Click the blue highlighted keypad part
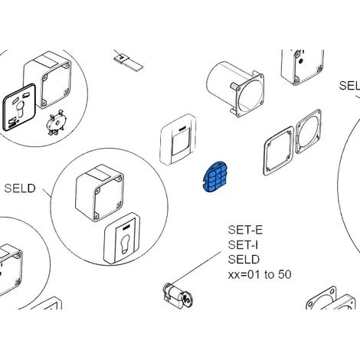(x=214, y=176)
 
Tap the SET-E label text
(x=245, y=230)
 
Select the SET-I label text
(x=243, y=245)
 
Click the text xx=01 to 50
(x=260, y=275)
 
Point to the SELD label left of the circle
(x=20, y=188)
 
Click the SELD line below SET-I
(x=244, y=260)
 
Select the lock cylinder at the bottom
(x=178, y=296)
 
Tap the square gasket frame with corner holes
(x=279, y=151)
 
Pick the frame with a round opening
(x=308, y=132)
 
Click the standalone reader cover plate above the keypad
(x=178, y=139)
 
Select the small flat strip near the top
(x=128, y=62)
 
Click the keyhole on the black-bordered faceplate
(x=19, y=109)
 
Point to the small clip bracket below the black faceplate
(x=55, y=122)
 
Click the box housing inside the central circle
(x=100, y=193)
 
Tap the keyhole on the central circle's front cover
(x=125, y=243)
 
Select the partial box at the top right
(x=303, y=67)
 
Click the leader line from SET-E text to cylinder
(x=196, y=267)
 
